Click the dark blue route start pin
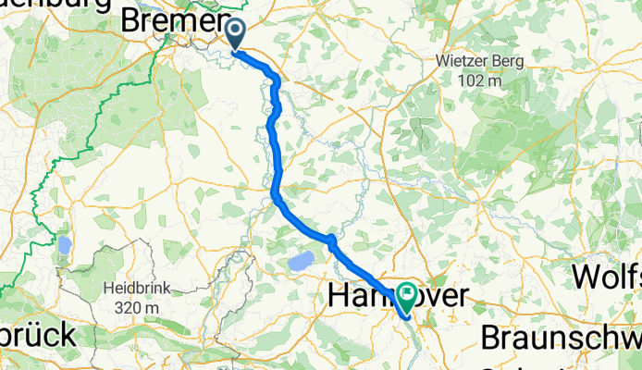coord(236,35)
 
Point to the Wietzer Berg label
coord(480,62)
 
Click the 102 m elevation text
coord(480,80)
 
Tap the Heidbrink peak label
coord(137,288)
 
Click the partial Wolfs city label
coord(607,276)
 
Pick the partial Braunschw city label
coord(561,335)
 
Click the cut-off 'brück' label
coord(37,335)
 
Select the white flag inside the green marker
coord(408,294)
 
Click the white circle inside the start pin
coord(236,31)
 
